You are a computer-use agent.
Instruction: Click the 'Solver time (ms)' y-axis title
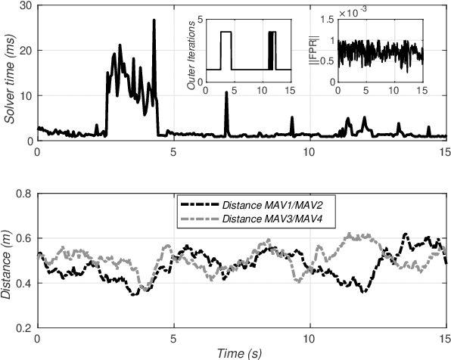(x=10, y=74)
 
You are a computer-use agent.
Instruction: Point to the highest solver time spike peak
(x=154, y=20)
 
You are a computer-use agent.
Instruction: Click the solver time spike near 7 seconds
(x=226, y=114)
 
